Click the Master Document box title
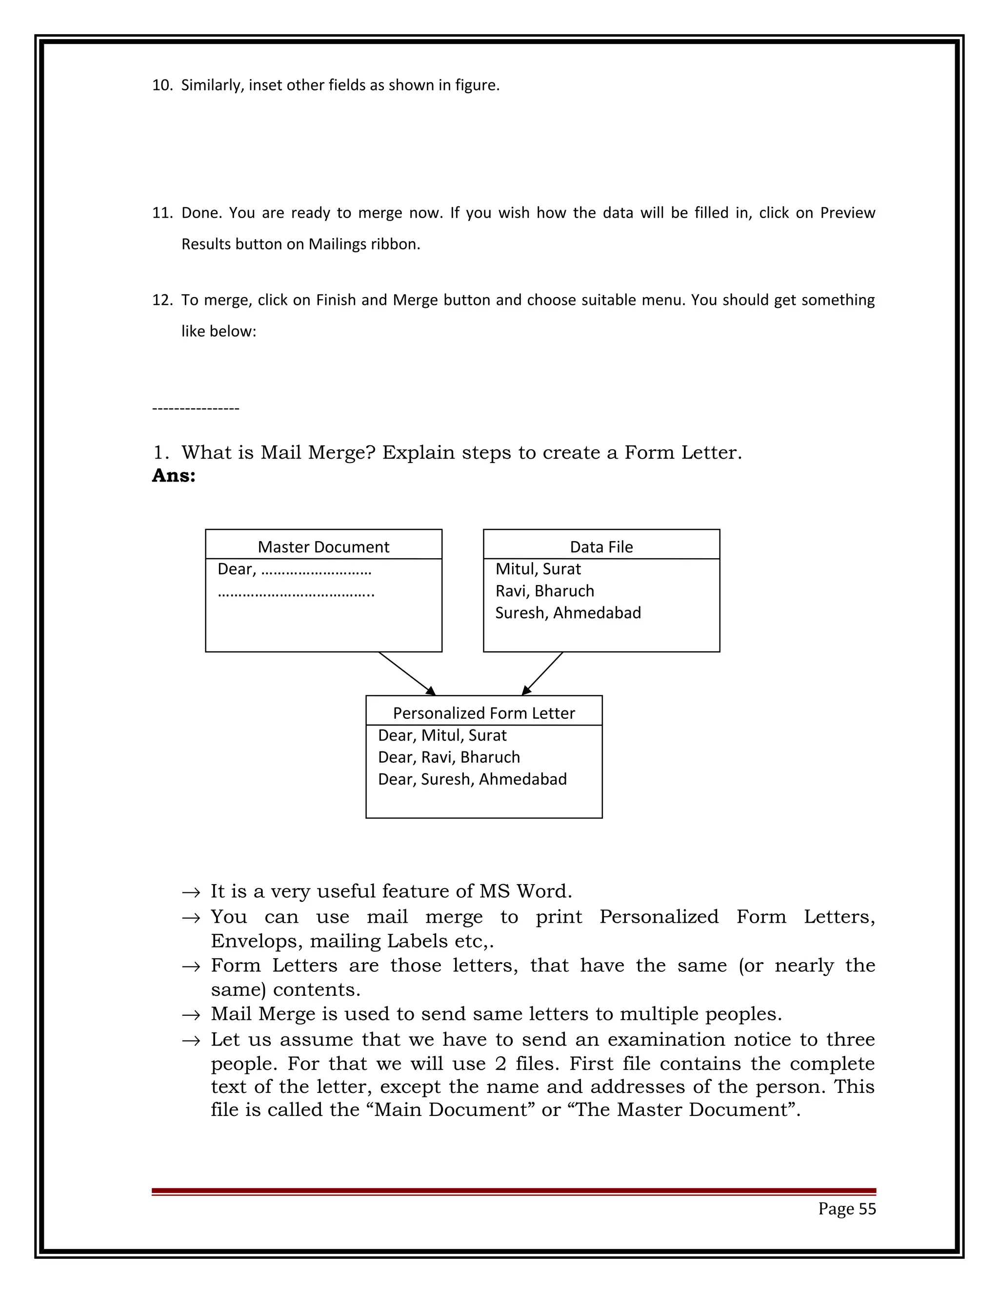323,546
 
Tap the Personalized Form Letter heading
483,713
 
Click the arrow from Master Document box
407,674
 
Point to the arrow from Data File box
542,674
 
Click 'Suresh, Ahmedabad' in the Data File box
568,613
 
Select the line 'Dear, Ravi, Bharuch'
449,757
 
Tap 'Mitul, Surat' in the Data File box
538,569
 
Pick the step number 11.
161,213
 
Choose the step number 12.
161,300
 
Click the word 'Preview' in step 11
847,213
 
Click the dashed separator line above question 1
195,408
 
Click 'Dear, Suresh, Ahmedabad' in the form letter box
472,779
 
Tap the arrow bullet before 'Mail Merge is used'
191,1015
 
